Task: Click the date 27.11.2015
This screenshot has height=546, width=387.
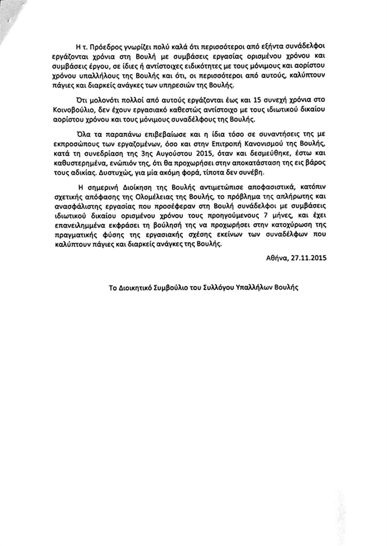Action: (x=308, y=258)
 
